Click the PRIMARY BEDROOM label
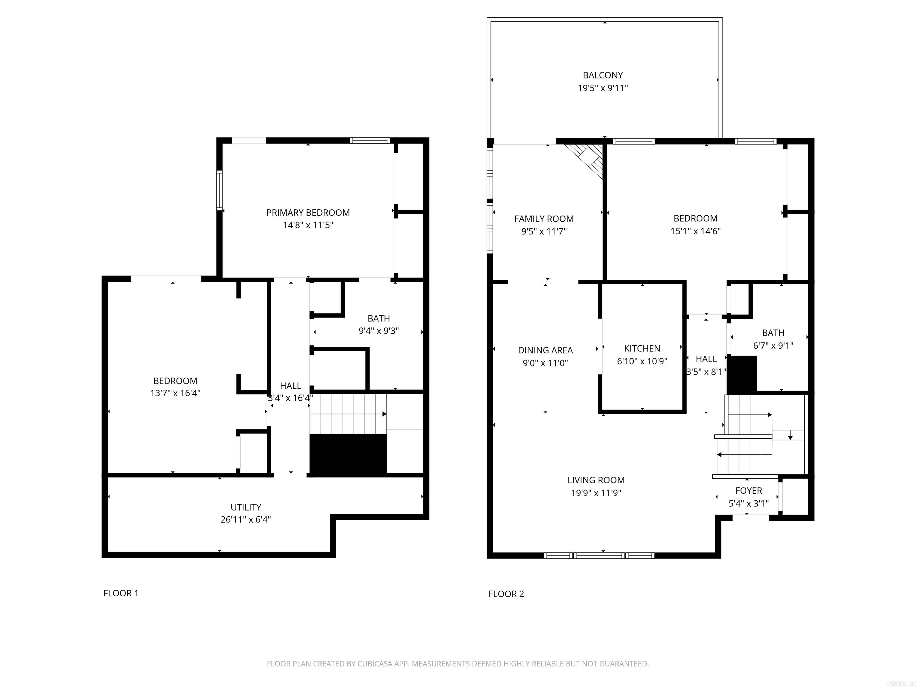point(308,212)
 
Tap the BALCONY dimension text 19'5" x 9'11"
point(603,88)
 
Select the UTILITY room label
point(246,507)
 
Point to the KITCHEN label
point(642,348)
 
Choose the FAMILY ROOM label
point(544,219)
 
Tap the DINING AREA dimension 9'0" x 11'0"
point(545,363)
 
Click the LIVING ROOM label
point(596,480)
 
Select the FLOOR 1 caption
point(120,593)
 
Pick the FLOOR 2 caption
point(506,594)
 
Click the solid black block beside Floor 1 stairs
point(348,454)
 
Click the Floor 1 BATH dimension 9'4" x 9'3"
point(378,331)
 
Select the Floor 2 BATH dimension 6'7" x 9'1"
point(773,345)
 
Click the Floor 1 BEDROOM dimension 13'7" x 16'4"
point(175,393)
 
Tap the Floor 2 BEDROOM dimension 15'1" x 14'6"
point(695,231)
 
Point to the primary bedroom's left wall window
point(219,191)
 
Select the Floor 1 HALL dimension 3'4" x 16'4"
point(290,398)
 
